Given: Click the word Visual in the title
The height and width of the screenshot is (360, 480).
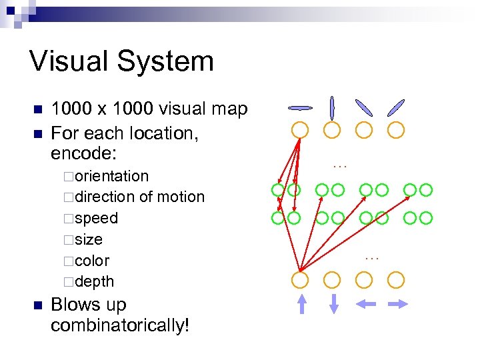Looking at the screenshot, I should (72, 61).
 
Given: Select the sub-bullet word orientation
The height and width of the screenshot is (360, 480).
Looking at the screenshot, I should (111, 176).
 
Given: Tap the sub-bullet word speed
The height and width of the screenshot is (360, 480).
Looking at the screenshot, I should (96, 218).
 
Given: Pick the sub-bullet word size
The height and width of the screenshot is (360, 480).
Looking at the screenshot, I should (89, 239).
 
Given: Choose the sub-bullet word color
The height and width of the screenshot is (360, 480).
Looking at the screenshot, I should (92, 261).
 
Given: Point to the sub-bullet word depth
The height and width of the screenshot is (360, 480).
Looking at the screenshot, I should (94, 282).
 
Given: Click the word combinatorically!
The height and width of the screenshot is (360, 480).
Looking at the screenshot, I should (120, 325).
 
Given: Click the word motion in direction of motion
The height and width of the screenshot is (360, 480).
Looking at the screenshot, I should (181, 197).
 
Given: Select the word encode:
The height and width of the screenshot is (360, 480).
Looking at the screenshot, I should (84, 153).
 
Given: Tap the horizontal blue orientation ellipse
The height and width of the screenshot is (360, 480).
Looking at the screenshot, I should (300, 107).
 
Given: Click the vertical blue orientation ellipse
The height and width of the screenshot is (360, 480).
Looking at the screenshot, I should (332, 107).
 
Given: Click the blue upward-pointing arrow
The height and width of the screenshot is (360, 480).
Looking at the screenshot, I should (301, 303).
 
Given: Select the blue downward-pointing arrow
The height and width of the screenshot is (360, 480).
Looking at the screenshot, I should (334, 303).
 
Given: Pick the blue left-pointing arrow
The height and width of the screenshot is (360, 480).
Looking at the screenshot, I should (365, 303).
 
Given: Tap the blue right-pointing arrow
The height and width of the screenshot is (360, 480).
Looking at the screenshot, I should (398, 303).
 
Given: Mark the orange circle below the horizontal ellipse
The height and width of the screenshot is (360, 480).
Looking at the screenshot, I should (300, 129).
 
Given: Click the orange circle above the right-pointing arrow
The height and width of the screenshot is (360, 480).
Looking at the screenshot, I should (397, 279).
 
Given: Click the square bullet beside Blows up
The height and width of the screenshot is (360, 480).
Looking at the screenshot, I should (37, 305).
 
